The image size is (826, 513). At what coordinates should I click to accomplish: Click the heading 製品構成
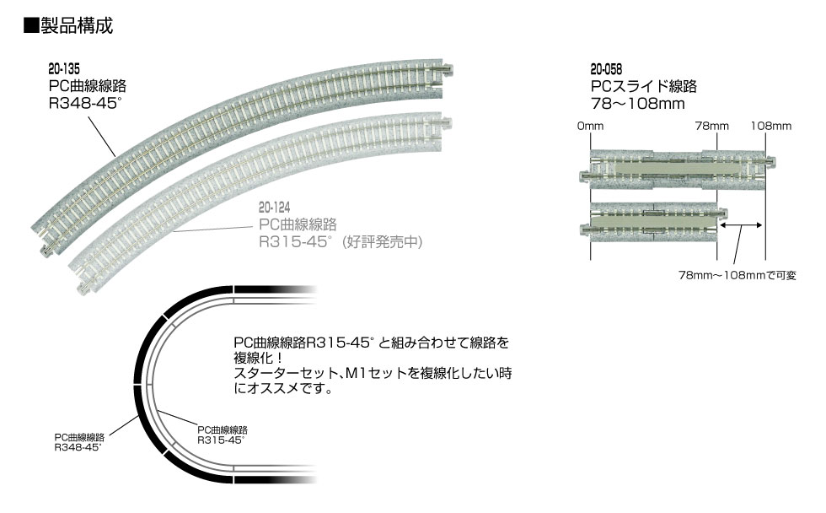coord(76,25)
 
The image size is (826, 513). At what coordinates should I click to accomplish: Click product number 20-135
coord(64,68)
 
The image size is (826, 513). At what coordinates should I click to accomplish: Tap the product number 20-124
coord(274,208)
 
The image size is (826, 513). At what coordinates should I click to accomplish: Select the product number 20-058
coord(606,69)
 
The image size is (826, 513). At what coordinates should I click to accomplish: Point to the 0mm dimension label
coord(590,126)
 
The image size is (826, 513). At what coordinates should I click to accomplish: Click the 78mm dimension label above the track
coord(711,126)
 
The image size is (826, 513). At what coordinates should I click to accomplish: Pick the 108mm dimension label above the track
coord(770,126)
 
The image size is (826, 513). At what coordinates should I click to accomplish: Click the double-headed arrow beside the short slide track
coord(741,225)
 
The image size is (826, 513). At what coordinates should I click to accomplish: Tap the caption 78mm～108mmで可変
coord(737,275)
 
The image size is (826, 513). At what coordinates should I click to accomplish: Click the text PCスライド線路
coord(644,86)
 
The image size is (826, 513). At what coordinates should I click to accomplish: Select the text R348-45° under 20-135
coord(85,103)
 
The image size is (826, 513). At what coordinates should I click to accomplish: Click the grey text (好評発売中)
coord(383,242)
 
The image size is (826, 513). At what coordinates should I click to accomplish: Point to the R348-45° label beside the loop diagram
coord(78,447)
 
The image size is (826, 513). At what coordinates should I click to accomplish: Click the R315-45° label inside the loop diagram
coord(221,440)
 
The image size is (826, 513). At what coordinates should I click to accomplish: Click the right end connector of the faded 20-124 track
coord(447,123)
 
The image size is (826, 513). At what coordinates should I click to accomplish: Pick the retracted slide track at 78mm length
coord(653,223)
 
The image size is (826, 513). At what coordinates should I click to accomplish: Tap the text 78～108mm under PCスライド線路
coord(637,103)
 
